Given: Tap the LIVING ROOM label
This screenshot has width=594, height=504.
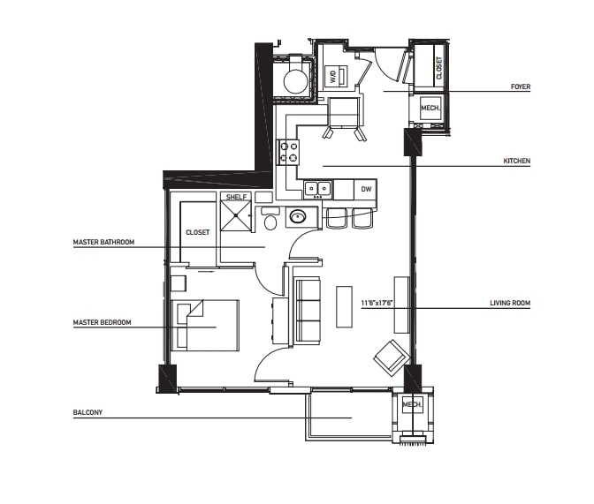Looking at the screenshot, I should [510, 304].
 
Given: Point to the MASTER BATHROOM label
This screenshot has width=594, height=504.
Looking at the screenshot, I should [103, 241].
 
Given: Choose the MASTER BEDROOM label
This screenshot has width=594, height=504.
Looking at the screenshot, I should [102, 323].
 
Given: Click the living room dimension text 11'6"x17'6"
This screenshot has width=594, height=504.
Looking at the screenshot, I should [377, 304].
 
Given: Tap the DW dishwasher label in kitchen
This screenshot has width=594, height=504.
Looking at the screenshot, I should [366, 189].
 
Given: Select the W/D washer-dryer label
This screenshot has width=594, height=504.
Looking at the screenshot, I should [333, 77].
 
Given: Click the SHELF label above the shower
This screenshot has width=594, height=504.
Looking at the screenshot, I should [236, 197].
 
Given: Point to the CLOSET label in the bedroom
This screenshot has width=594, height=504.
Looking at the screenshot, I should [197, 232].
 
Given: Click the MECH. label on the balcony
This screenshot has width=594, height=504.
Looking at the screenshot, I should [413, 405].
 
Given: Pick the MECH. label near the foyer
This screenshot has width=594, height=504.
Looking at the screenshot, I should [430, 109].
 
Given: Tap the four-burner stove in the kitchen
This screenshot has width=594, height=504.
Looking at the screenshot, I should [289, 152].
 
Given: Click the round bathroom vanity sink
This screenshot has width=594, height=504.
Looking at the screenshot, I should [299, 217].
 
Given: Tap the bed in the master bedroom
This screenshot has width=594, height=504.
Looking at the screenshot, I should [209, 325].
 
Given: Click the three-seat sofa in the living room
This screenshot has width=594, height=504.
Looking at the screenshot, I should [307, 311].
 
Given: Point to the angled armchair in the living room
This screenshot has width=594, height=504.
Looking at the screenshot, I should [391, 356].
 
